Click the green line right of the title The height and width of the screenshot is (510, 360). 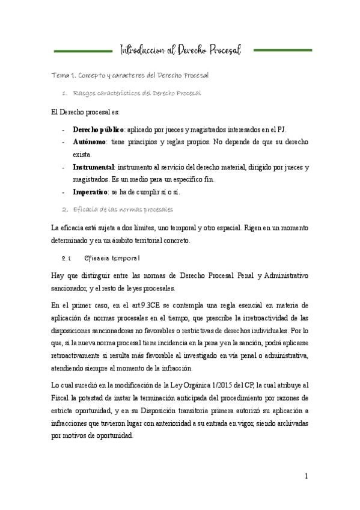point(282,51)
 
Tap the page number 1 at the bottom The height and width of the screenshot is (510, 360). point(306,476)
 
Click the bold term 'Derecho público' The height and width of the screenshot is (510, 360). point(98,129)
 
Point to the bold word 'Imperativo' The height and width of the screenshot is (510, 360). point(91,192)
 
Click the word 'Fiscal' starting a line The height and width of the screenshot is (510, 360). point(63,398)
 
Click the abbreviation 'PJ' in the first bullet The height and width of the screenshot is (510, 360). point(282,129)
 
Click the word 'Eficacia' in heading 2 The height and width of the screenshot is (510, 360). point(87,209)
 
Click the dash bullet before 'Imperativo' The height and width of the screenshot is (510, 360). point(64,192)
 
